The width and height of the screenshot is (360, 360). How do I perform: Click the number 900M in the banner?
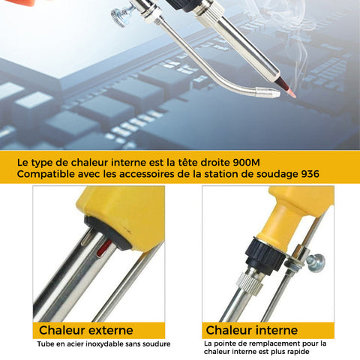tap(246, 163)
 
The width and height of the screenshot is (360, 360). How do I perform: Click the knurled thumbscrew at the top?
tap(121, 16)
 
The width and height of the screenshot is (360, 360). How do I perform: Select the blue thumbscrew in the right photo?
tap(316, 262)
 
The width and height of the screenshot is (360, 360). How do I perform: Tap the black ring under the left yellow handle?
tap(109, 232)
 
